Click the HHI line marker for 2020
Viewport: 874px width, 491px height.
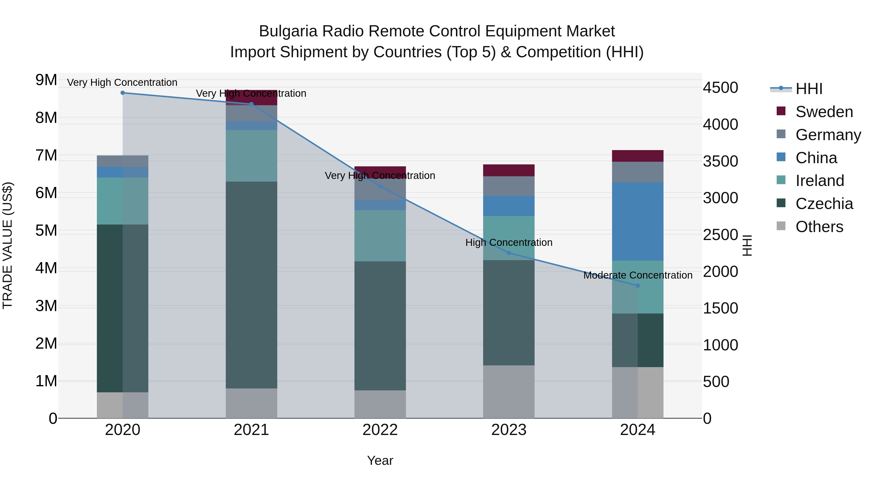coord(123,93)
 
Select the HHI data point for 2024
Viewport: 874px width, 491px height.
coord(638,286)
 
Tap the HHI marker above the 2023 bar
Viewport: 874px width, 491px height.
coord(509,253)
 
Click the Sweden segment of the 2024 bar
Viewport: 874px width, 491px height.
coord(638,156)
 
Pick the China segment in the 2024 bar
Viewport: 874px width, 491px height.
coord(638,222)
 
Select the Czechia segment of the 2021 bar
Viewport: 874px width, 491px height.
coord(252,285)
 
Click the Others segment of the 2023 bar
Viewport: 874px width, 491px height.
coord(509,392)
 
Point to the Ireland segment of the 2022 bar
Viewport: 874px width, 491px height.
coord(380,236)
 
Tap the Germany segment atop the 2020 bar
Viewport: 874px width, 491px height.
coord(123,161)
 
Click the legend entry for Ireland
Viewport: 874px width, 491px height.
coord(819,181)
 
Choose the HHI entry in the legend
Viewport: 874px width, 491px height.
coord(808,89)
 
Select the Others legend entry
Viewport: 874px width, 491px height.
coord(819,227)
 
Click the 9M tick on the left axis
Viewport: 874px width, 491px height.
coord(46,80)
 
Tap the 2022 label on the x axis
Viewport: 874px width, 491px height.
coord(380,430)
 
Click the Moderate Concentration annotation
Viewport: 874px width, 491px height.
coord(638,275)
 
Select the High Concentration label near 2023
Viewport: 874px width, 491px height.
coord(509,243)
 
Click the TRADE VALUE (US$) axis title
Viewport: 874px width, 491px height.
coord(8,245)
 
